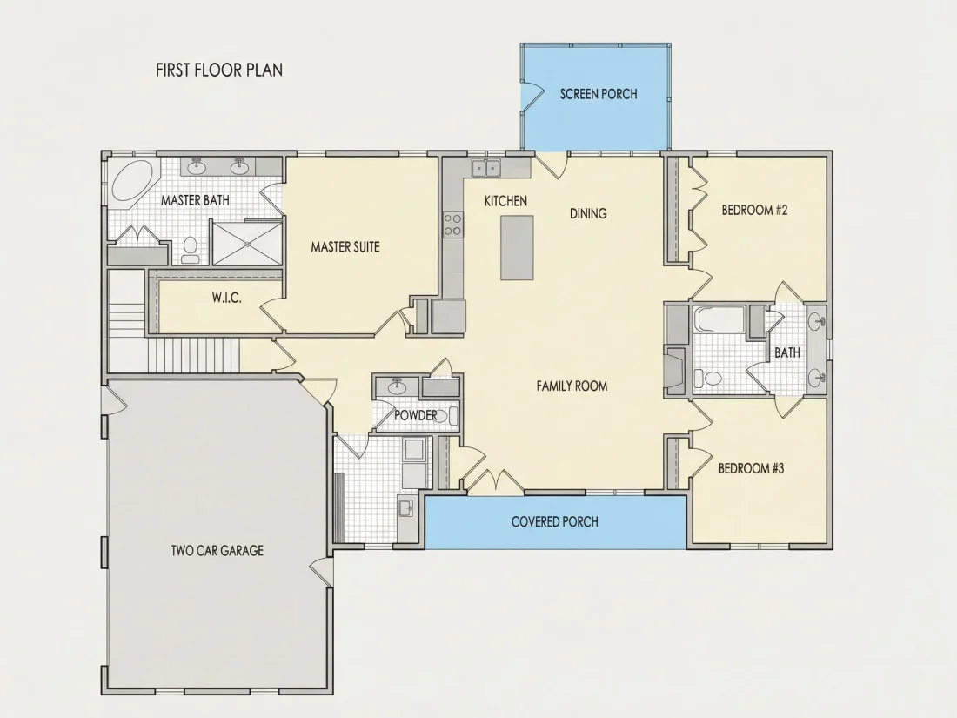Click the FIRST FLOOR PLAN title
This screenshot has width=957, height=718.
tap(219, 70)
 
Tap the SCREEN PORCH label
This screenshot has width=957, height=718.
tap(599, 94)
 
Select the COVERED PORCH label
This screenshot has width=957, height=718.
tap(555, 522)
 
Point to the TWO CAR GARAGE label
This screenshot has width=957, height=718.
tap(217, 551)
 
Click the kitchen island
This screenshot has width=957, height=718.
tap(517, 247)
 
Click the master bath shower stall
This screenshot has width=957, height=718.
tap(247, 243)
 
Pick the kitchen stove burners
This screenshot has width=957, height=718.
tap(453, 224)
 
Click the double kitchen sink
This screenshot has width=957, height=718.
tap(485, 168)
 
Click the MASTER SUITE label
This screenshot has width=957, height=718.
tap(345, 247)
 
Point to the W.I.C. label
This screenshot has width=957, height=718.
tap(227, 299)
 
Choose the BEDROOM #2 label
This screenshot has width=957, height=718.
tap(755, 211)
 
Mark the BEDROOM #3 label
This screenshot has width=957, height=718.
tap(752, 469)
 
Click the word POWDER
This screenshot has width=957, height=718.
tap(416, 416)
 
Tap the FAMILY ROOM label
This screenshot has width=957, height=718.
tap(572, 386)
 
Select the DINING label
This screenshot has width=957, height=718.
tap(588, 214)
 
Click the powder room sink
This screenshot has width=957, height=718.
tap(398, 386)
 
